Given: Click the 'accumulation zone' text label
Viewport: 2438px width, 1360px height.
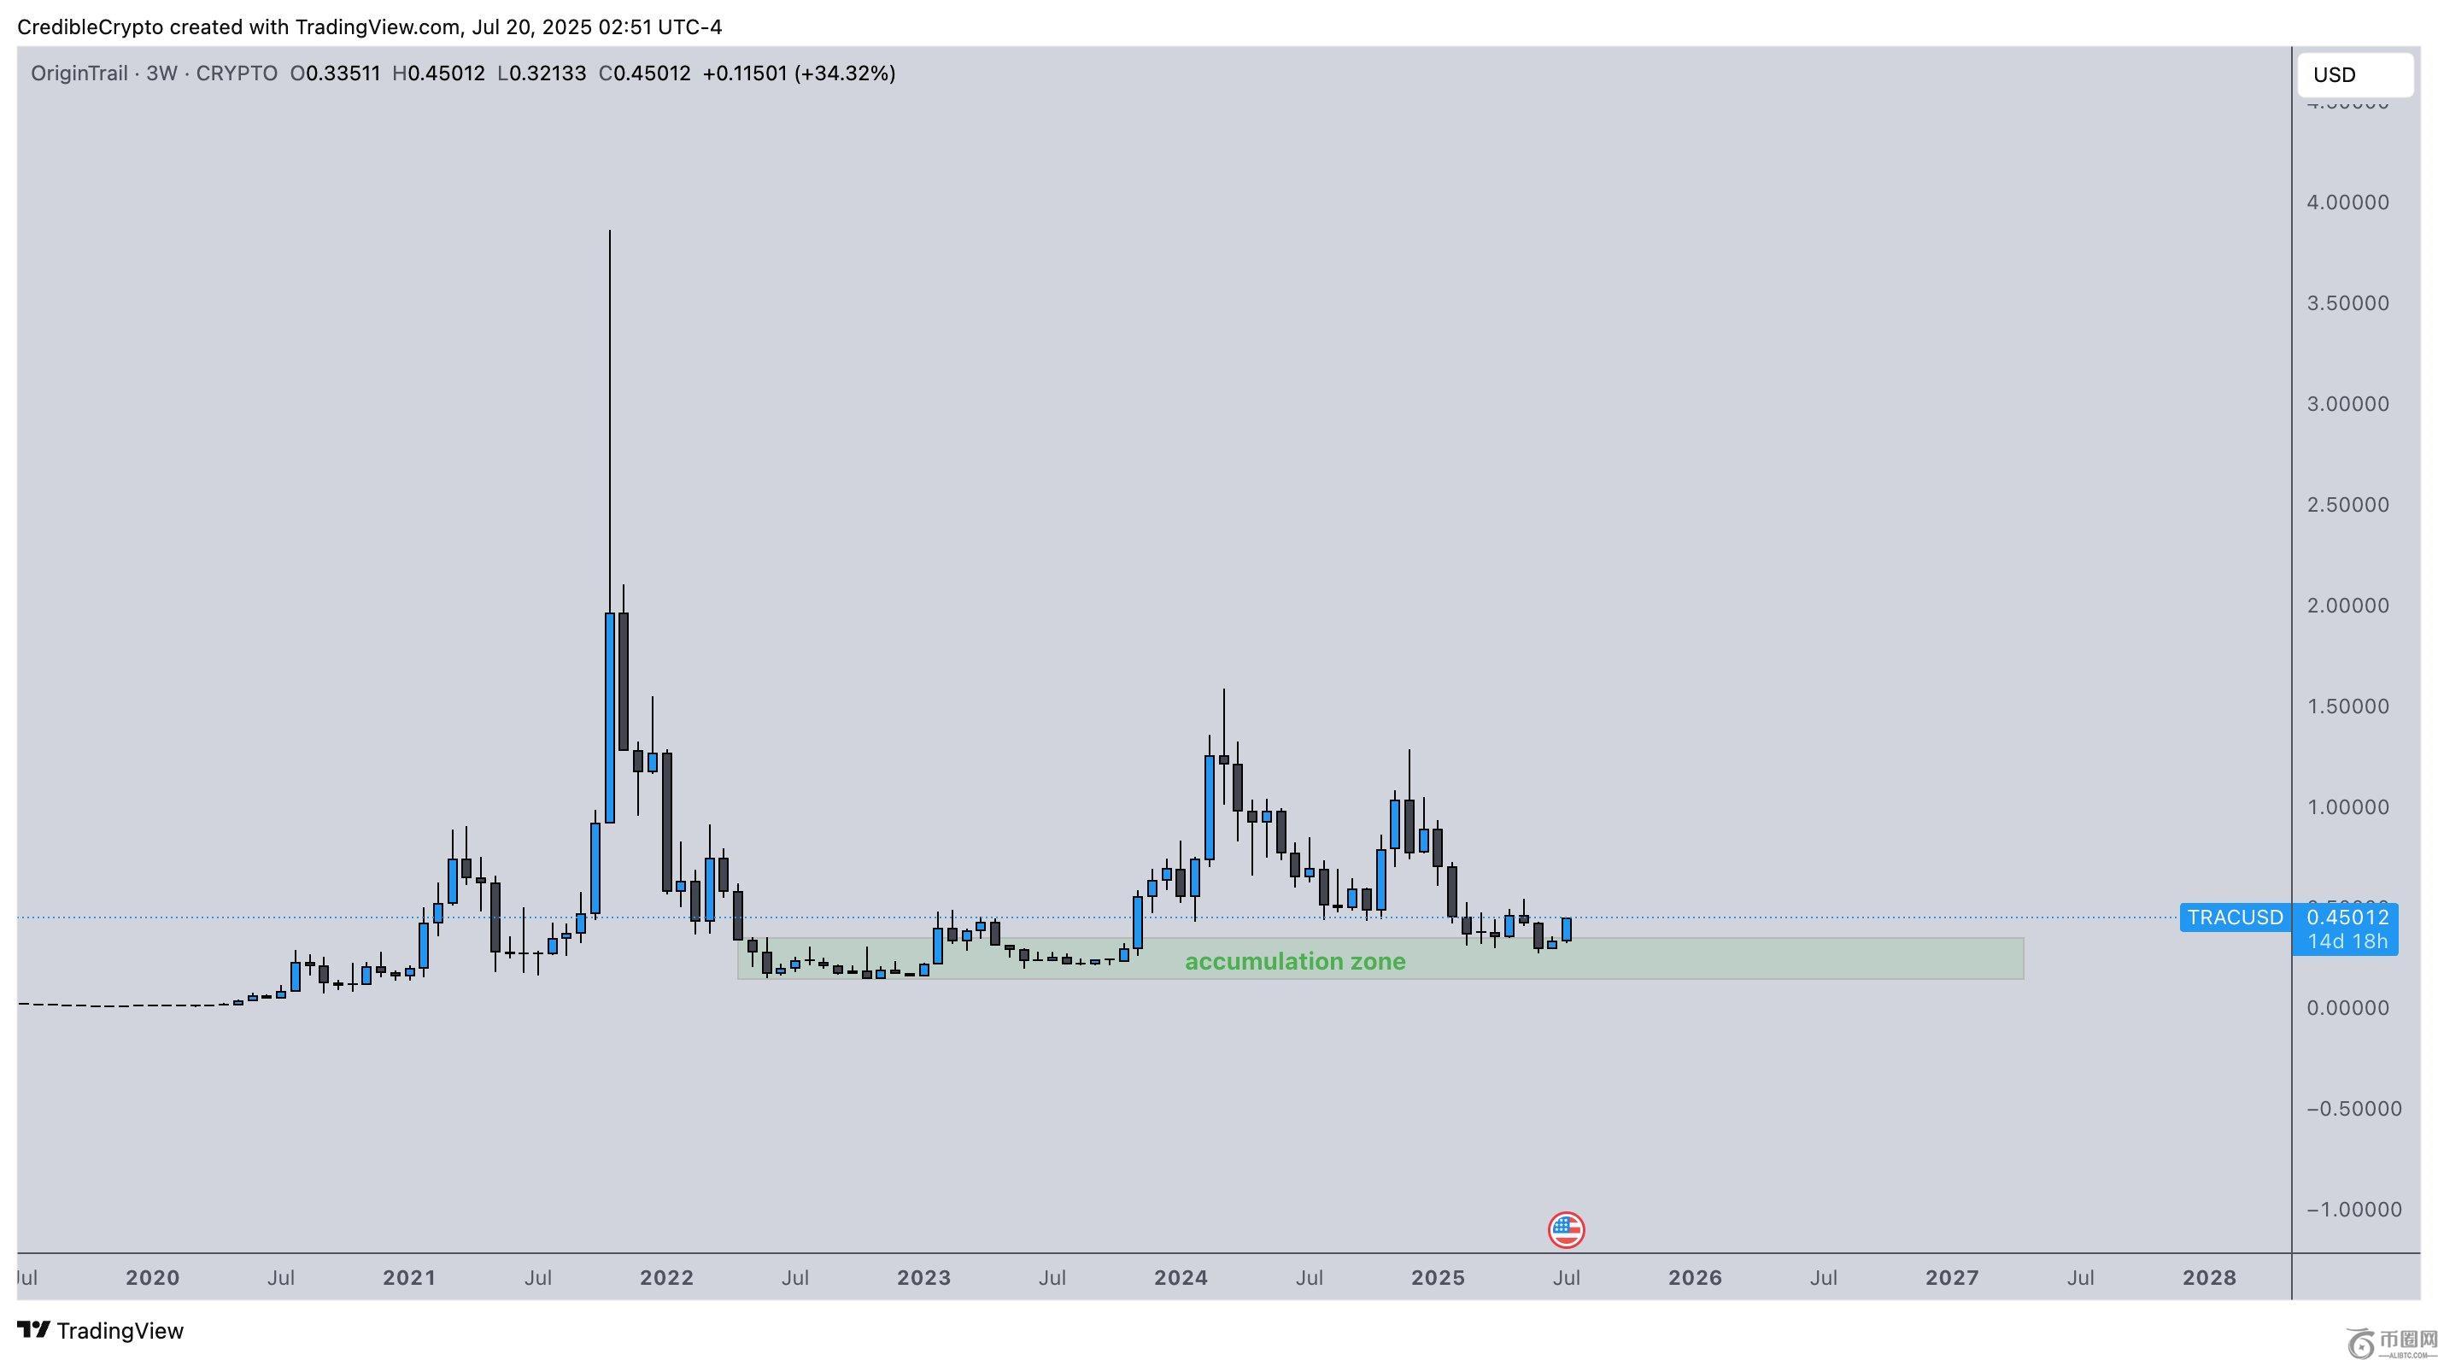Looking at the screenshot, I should pyautogui.click(x=1295, y=962).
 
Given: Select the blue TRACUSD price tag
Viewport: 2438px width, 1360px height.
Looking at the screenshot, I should pyautogui.click(x=2235, y=917).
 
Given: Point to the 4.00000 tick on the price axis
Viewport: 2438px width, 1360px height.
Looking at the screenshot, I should pyautogui.click(x=2347, y=202).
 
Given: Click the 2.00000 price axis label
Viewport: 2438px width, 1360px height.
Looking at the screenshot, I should pyautogui.click(x=2347, y=606).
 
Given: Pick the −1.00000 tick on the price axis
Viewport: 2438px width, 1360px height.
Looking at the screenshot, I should pyautogui.click(x=2353, y=1210).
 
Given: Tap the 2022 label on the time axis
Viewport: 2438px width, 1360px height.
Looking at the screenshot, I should pyautogui.click(x=666, y=1278).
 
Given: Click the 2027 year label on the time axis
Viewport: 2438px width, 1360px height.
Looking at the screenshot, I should pyautogui.click(x=1952, y=1278).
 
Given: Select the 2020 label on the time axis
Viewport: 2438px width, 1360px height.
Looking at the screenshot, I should pyautogui.click(x=152, y=1278).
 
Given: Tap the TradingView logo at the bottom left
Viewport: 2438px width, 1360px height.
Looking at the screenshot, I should pyautogui.click(x=100, y=1331).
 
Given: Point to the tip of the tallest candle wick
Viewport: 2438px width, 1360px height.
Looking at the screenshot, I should pyautogui.click(x=610, y=231).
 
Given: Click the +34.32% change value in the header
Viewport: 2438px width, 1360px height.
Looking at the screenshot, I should pyautogui.click(x=844, y=73).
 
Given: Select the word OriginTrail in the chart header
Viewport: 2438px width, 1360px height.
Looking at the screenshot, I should pyautogui.click(x=79, y=73).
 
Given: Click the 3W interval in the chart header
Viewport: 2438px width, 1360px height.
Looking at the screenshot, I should pyautogui.click(x=161, y=73).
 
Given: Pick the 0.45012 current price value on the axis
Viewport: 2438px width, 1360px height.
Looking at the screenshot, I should pyautogui.click(x=2347, y=917).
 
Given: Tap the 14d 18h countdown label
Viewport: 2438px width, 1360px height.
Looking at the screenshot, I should pyautogui.click(x=2347, y=941).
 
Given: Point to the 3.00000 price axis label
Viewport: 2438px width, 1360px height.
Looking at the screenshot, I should pyautogui.click(x=2347, y=404).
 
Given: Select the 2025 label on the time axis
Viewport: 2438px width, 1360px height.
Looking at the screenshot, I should pyautogui.click(x=1438, y=1278).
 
